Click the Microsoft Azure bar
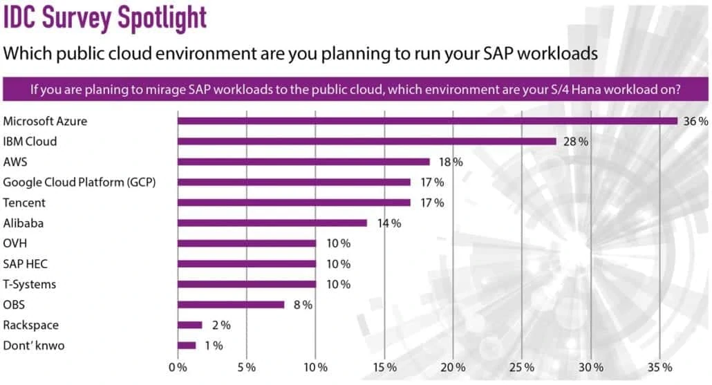(x=427, y=121)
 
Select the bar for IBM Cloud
(x=366, y=141)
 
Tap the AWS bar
(x=303, y=162)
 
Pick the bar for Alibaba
(x=272, y=223)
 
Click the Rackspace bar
(x=190, y=325)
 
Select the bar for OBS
(x=231, y=304)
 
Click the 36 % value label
(x=695, y=121)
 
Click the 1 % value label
(x=210, y=346)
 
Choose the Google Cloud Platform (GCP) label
(x=79, y=182)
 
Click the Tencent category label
(x=24, y=203)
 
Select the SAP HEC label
(x=26, y=263)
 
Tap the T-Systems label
(x=30, y=284)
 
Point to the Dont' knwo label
(x=34, y=345)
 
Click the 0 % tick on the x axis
(x=178, y=366)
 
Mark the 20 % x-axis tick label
(x=453, y=366)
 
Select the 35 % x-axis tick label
(x=659, y=366)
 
